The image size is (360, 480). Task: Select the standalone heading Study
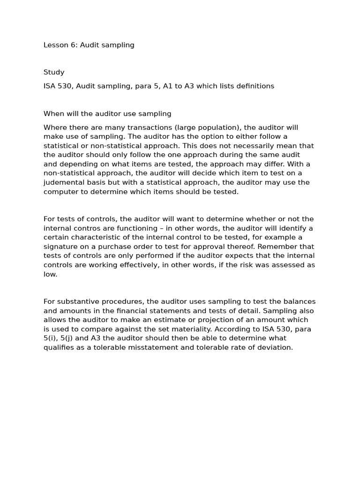tap(54, 72)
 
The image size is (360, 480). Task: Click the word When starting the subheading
tap(53, 113)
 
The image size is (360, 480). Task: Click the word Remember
tap(276, 247)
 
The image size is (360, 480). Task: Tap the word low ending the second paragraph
tap(50, 274)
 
